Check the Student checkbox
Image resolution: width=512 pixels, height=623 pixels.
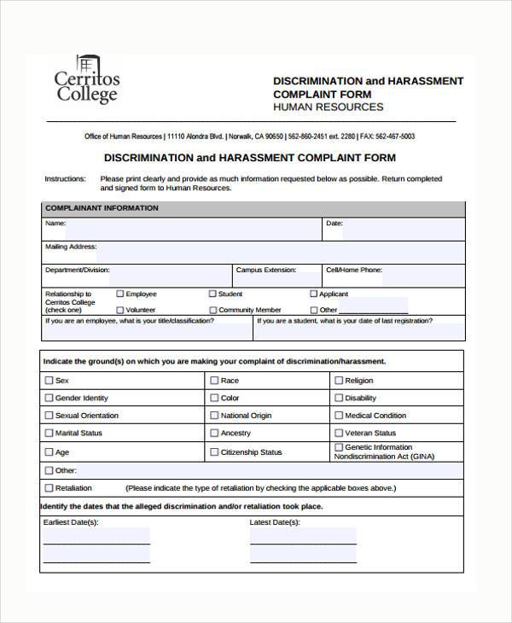click(x=212, y=294)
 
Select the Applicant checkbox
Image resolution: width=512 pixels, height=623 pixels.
click(x=313, y=294)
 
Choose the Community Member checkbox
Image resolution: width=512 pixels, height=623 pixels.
click(x=212, y=310)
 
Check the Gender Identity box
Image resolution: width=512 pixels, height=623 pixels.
click(x=49, y=398)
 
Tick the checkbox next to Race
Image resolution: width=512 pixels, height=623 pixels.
click(x=214, y=381)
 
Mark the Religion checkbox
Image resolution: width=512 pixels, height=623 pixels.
click(x=339, y=381)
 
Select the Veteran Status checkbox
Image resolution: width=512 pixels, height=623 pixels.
click(x=339, y=434)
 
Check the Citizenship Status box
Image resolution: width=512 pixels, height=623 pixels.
click(x=214, y=452)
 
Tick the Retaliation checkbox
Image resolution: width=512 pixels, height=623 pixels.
click(x=49, y=488)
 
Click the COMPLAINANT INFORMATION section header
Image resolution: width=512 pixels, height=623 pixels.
click(x=102, y=208)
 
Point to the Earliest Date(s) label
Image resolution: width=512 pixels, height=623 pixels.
click(x=70, y=521)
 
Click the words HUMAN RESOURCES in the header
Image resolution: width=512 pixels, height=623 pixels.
click(x=328, y=108)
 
